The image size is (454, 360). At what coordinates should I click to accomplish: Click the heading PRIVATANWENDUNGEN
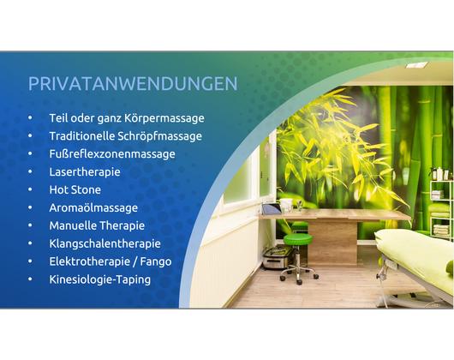pos(133,84)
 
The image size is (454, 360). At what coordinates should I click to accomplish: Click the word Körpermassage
pos(164,118)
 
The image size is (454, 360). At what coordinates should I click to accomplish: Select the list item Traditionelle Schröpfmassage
pos(125,136)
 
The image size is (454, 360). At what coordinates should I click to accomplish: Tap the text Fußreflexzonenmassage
pos(112,154)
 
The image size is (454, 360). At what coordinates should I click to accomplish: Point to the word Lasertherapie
pos(85,172)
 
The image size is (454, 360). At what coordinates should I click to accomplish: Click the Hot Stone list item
pos(75,189)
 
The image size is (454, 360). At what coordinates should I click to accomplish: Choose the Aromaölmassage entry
pos(93,208)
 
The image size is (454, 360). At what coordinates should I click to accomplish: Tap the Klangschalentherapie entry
pos(105,243)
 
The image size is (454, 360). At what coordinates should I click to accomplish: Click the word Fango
pos(156,261)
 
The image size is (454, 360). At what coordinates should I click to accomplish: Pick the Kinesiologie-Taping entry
pos(100,279)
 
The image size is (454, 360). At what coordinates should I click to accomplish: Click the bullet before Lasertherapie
pos(30,171)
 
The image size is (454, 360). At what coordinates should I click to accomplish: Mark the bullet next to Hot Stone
pos(30,189)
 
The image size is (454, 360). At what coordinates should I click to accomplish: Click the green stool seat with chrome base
pos(297,239)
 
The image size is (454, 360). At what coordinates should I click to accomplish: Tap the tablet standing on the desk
pos(272,209)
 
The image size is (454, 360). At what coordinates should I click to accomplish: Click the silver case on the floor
pos(278,257)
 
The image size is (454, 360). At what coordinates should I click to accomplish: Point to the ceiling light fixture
pos(416,65)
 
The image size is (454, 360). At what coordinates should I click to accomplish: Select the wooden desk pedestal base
pos(332,242)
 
